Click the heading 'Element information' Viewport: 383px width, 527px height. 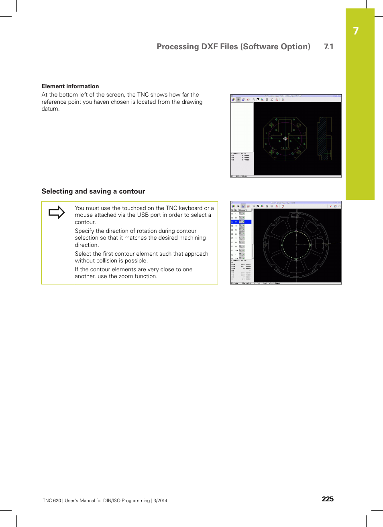pos(70,86)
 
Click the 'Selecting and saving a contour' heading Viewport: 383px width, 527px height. pos(93,192)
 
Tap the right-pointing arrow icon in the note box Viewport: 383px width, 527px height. pos(57,212)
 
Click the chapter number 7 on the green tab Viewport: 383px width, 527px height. pos(356,31)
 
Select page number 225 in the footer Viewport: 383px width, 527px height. pos(328,499)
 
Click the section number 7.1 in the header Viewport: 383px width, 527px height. pos(328,47)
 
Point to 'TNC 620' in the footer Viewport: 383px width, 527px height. pos(52,501)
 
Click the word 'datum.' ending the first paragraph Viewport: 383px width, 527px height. pos(51,109)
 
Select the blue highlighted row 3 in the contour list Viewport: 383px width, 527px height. pos(241,222)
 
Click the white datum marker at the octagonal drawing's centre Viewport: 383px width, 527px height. pos(285,139)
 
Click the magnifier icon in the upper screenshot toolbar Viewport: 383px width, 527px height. pos(254,99)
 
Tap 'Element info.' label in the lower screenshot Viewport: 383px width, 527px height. pos(239,260)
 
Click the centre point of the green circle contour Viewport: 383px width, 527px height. pos(296,244)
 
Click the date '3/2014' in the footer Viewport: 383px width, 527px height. pos(161,501)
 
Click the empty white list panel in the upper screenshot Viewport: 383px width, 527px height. pos(242,126)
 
